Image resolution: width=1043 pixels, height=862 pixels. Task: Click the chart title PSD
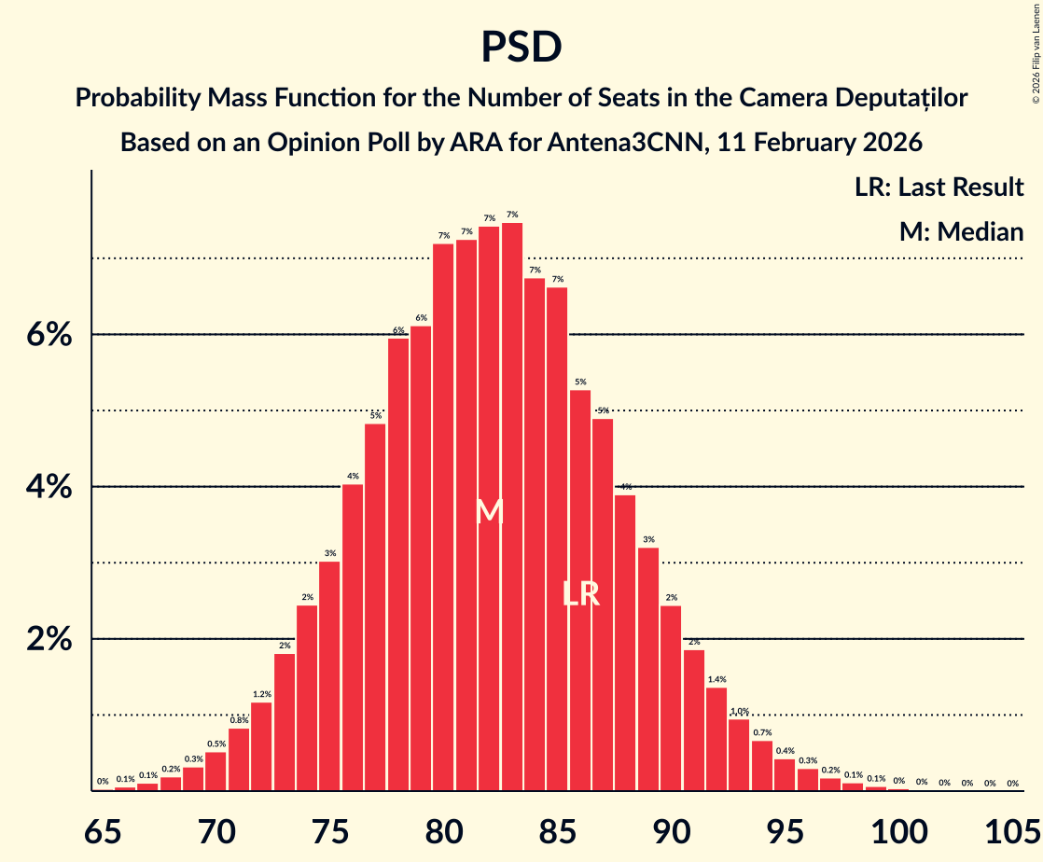(x=521, y=47)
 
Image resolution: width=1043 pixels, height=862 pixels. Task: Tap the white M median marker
(x=490, y=511)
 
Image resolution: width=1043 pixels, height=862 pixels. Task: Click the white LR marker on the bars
(x=580, y=594)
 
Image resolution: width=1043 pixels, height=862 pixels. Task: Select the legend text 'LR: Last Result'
(x=939, y=187)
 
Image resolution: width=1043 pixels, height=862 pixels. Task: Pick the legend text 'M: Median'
(x=961, y=231)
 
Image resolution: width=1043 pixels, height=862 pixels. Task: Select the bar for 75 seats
(x=330, y=676)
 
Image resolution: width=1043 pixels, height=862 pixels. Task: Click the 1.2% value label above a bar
(x=262, y=694)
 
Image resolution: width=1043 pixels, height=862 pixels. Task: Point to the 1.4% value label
(x=716, y=679)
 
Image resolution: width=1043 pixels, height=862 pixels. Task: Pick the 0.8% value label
(x=239, y=720)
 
